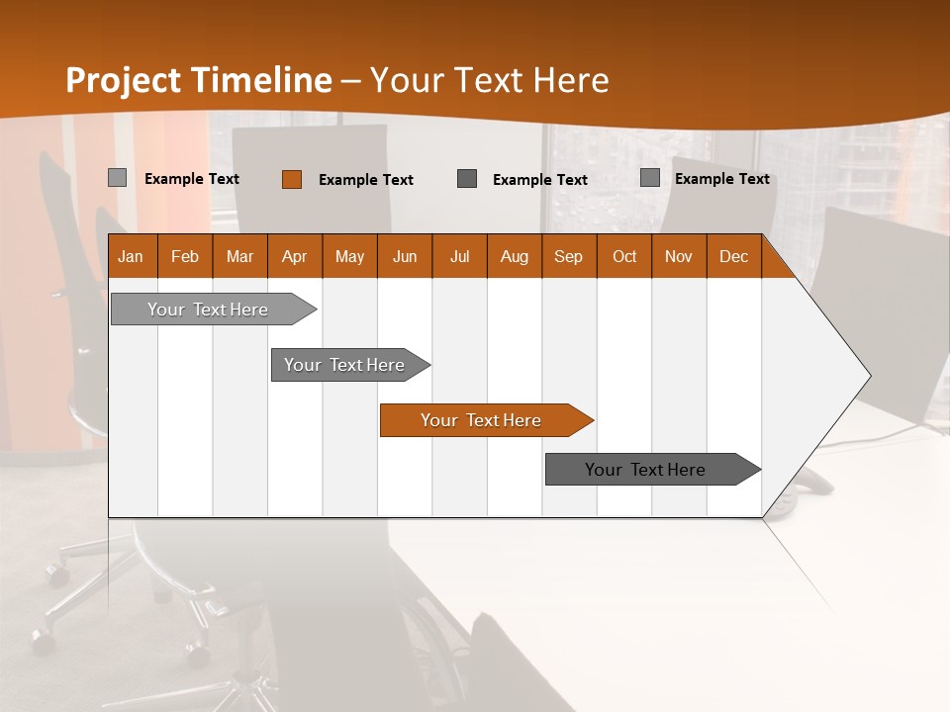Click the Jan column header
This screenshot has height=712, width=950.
tap(131, 256)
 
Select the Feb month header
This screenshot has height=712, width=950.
tap(185, 256)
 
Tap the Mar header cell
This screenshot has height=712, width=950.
tap(239, 256)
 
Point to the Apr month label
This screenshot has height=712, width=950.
tap(295, 256)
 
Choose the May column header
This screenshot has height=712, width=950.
tap(349, 256)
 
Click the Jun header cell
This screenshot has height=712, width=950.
tap(405, 256)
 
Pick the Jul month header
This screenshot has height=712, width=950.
tap(460, 256)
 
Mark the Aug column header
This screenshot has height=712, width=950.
tap(515, 256)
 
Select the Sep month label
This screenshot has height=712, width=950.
tap(569, 256)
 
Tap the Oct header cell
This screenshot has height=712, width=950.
tap(624, 256)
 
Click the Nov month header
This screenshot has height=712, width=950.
tap(679, 256)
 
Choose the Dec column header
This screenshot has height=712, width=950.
tap(734, 256)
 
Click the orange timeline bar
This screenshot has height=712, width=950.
tap(482, 420)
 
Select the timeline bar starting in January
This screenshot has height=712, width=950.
tap(209, 310)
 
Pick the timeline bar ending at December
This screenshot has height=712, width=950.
tap(646, 470)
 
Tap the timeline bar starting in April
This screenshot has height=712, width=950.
tap(345, 365)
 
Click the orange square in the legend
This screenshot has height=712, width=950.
tap(291, 179)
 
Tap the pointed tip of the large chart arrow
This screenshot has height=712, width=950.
tap(869, 376)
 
